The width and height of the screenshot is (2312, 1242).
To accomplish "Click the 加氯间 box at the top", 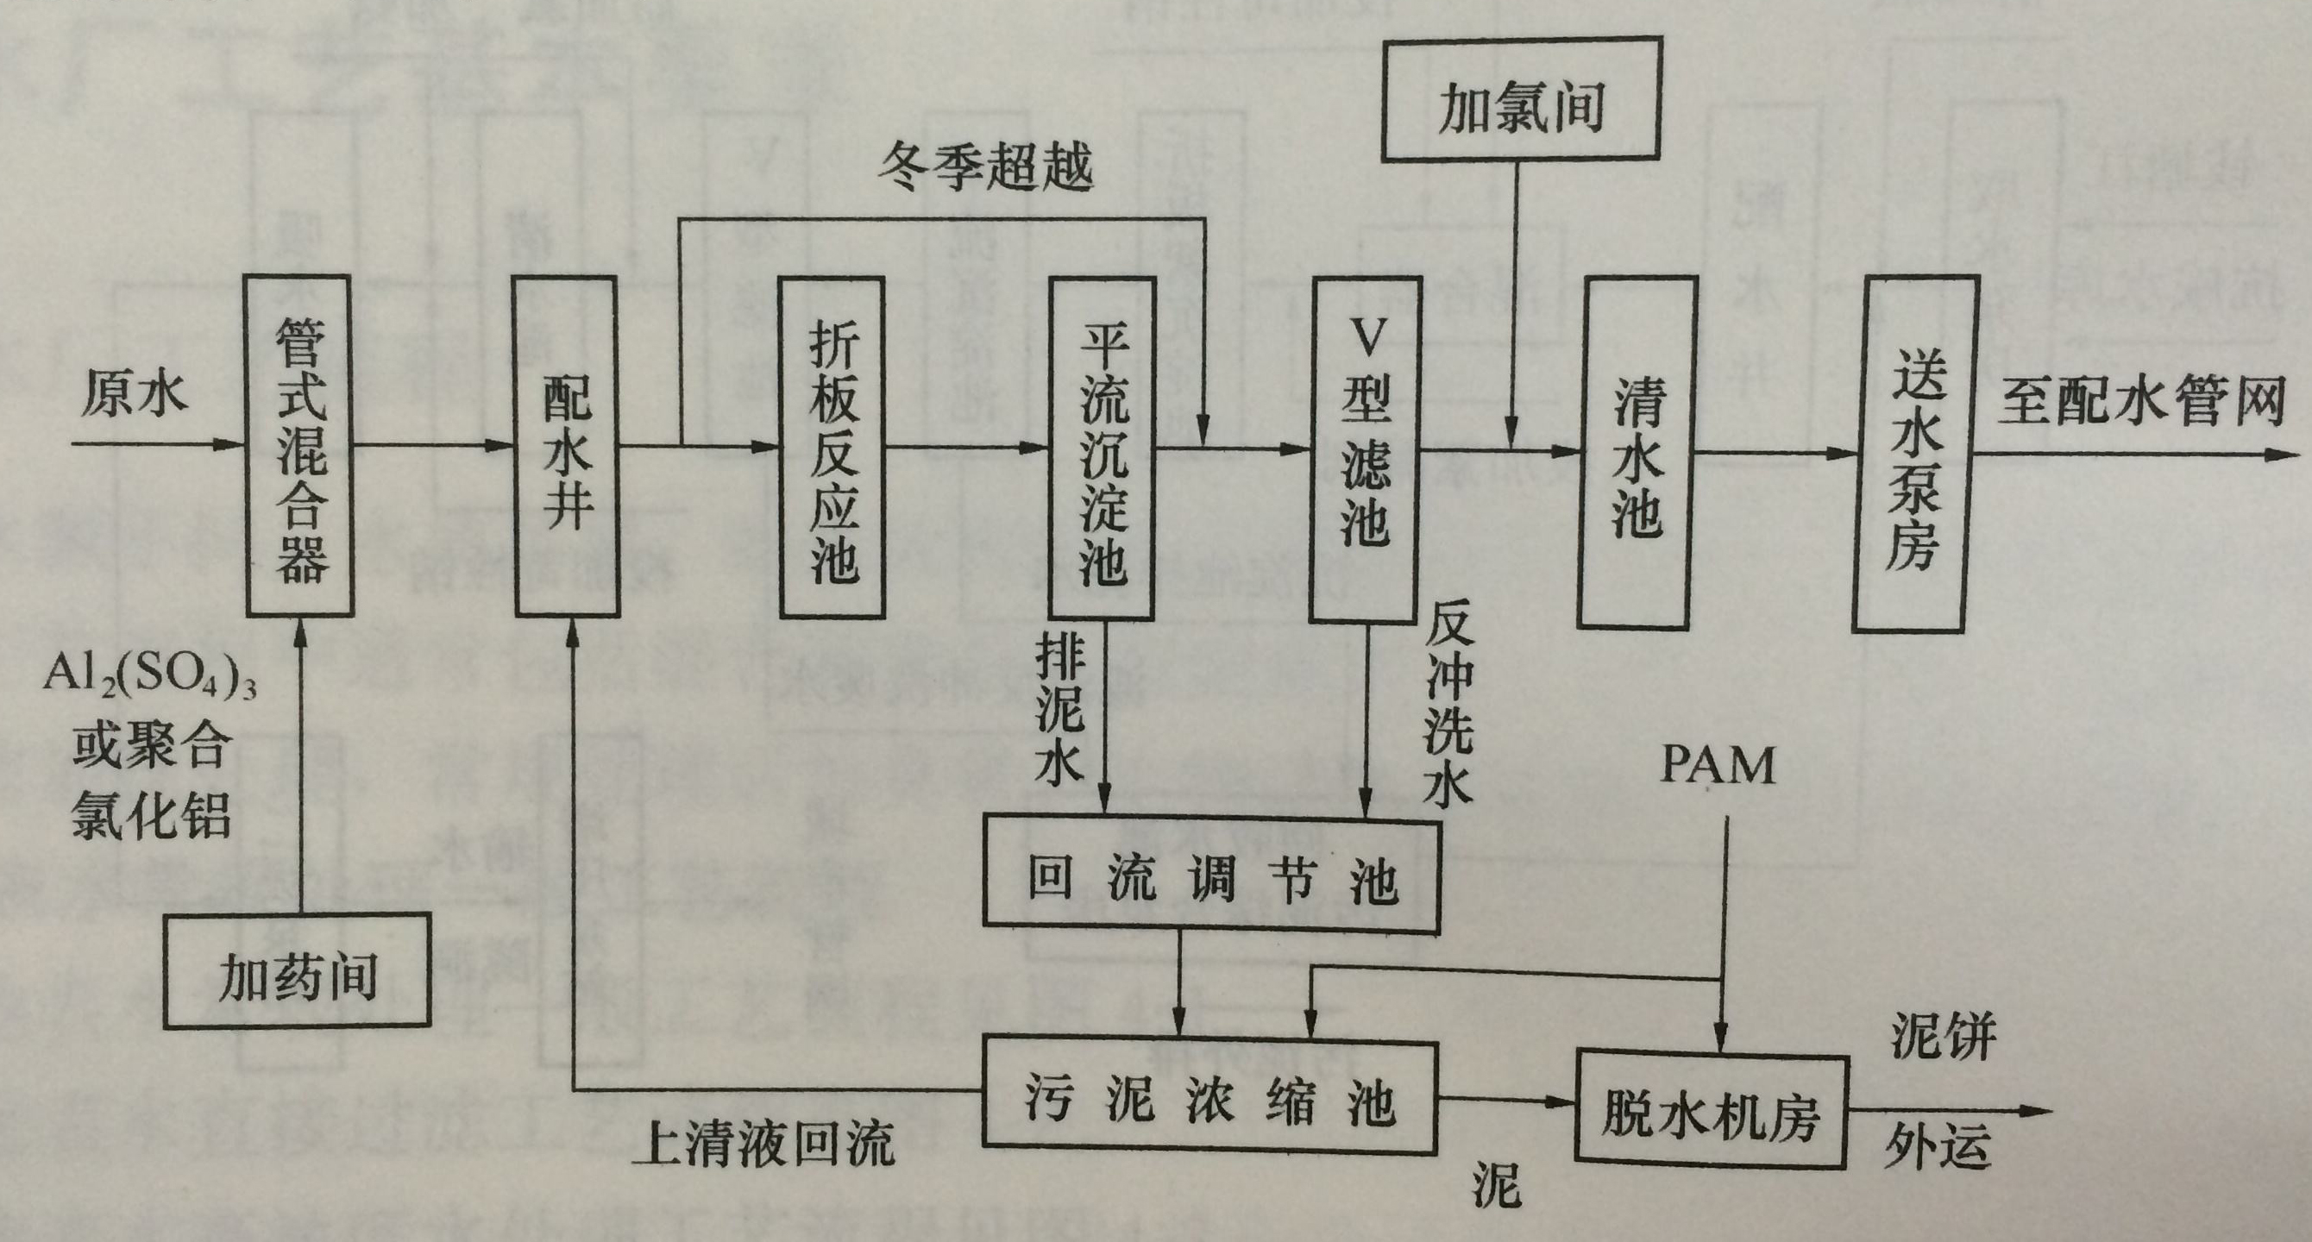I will tap(1521, 98).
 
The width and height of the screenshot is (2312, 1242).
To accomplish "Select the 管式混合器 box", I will tap(299, 446).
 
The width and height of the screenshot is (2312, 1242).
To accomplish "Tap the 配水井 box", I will tap(566, 446).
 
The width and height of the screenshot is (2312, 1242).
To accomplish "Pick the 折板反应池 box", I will tap(832, 448).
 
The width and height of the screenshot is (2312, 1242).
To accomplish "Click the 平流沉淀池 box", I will tap(1103, 448).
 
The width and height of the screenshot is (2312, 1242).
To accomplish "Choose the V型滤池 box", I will tap(1365, 449).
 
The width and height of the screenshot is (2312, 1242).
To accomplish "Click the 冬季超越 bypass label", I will tap(986, 167).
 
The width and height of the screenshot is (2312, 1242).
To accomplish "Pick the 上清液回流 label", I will tap(764, 1145).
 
